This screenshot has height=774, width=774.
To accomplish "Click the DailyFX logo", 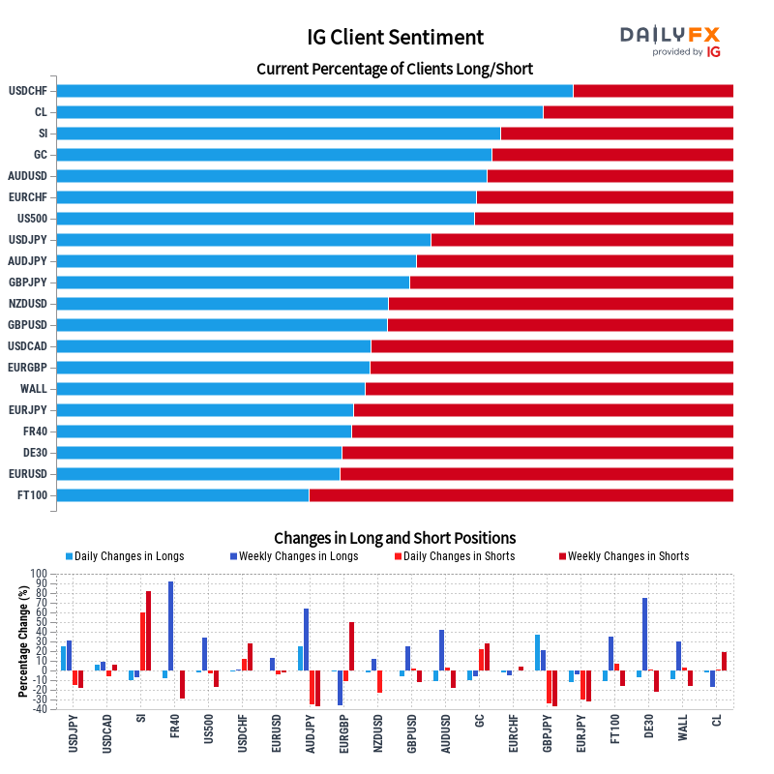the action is pos(670,42).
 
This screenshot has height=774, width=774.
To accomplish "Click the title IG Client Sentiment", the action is pos(395,37).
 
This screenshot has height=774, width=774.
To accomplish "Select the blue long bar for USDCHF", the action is pos(315,91).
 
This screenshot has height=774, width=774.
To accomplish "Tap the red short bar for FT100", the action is pos(521,495).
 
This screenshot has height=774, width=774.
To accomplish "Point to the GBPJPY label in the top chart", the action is pos(28,283).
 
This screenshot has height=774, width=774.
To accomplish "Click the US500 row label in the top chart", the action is pos(32,219).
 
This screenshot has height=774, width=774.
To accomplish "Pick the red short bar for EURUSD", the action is pos(537,474).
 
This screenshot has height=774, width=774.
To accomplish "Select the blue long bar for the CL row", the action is pos(300,112).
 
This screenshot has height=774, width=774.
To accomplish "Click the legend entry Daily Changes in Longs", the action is pos(125,556).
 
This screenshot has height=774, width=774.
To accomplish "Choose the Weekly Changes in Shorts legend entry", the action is pos(624,556).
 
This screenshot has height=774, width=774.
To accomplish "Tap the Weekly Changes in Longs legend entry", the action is pos(294,556).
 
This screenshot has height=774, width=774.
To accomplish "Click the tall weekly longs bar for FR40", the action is pos(171,626).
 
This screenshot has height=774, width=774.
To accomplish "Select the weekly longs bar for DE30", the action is pos(644,635).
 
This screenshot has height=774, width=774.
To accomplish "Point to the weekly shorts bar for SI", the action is pos(148,631).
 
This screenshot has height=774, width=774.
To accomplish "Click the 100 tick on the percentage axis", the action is pos(39,574).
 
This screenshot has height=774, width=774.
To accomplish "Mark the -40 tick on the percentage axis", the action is pos(39,709).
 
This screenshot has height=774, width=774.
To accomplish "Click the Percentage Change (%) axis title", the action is pos(22,641).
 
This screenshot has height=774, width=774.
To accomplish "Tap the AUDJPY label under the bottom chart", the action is pos(310,734).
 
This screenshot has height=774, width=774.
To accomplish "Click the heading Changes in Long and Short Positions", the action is pos(395,538).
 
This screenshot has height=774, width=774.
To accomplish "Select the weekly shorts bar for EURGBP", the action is pos(351,646).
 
